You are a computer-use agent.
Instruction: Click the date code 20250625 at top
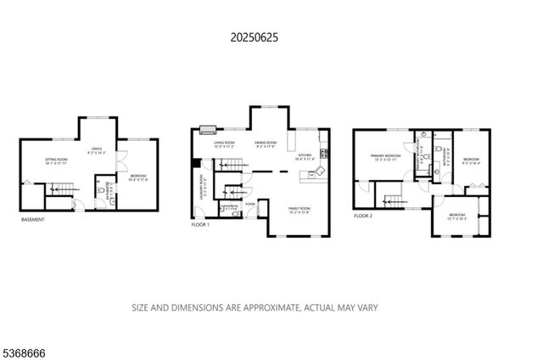tap(254, 37)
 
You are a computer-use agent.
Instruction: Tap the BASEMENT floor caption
tap(34, 220)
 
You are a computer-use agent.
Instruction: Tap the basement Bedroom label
tap(137, 177)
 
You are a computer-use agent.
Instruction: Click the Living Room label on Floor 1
tap(224, 143)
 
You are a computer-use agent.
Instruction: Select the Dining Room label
tap(267, 143)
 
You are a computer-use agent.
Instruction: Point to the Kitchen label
tap(305, 155)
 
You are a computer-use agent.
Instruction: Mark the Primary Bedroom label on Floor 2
tap(385, 157)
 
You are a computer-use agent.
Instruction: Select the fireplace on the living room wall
tap(207, 131)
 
